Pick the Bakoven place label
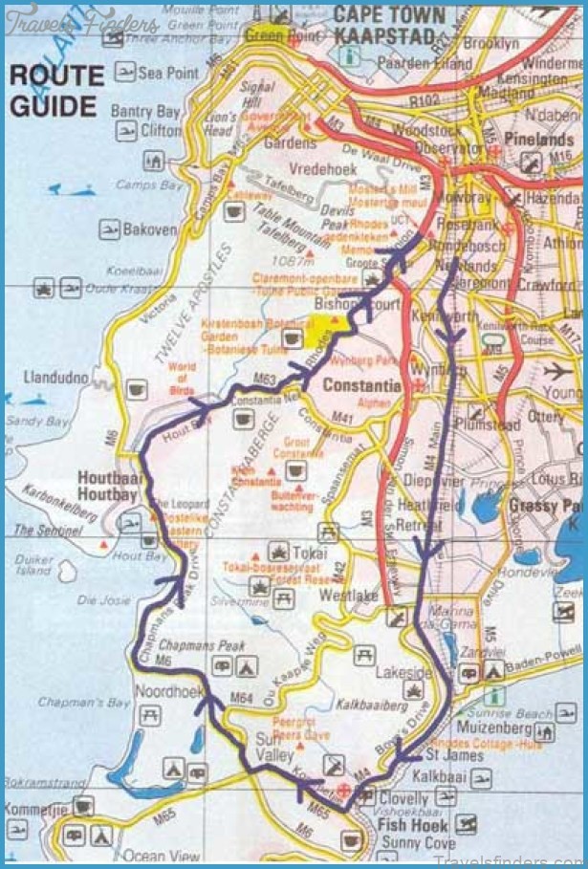pos(150,229)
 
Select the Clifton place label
pos(161,130)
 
